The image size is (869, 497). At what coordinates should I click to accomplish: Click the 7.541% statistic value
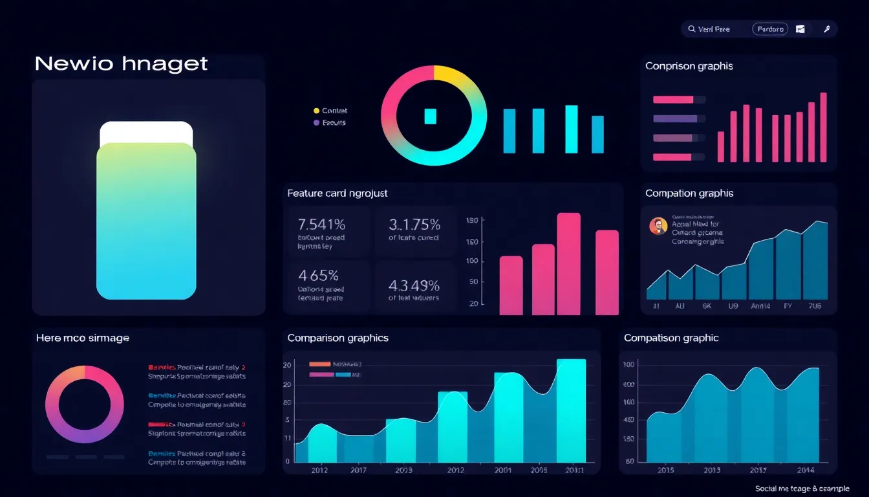(321, 225)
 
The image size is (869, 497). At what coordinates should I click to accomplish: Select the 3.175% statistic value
(414, 225)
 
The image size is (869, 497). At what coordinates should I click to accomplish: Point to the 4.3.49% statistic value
(414, 285)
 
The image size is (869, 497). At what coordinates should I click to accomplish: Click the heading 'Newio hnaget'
(121, 63)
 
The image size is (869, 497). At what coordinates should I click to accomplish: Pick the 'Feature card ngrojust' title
(337, 193)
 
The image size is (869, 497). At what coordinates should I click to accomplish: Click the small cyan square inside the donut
(431, 116)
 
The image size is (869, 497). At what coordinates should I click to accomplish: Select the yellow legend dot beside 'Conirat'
(316, 111)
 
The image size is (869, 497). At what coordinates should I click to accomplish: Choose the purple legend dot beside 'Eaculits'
(316, 122)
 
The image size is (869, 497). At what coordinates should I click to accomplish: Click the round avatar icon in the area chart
(658, 226)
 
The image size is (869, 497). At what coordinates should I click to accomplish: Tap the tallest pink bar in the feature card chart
(568, 263)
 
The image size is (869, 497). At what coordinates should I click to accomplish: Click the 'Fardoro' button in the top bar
(770, 29)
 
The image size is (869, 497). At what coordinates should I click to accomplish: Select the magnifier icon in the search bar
(691, 29)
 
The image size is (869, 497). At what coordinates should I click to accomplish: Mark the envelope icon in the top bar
(800, 29)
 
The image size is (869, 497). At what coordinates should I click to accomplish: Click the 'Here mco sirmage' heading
(82, 338)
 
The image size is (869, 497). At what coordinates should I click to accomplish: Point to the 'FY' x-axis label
(788, 306)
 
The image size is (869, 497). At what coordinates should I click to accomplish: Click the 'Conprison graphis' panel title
(689, 66)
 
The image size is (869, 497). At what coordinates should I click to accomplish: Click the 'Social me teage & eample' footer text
(802, 489)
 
